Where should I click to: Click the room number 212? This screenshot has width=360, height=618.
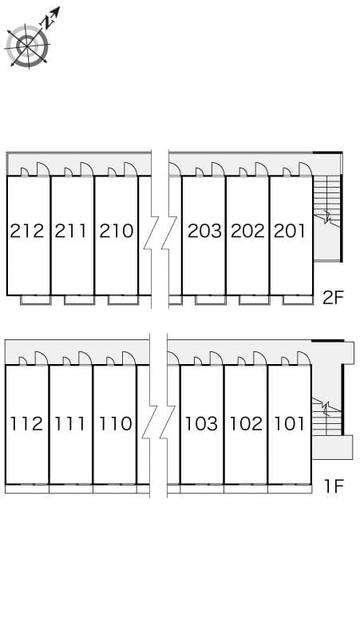tap(27, 231)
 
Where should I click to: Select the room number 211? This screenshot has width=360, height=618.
tap(70, 231)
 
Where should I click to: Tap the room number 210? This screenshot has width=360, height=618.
tap(117, 231)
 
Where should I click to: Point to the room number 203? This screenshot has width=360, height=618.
tap(204, 231)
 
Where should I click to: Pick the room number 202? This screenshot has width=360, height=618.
tap(247, 231)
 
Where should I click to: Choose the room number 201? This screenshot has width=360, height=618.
tap(290, 231)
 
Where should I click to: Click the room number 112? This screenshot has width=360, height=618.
tap(26, 424)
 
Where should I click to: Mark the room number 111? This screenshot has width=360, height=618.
tap(69, 424)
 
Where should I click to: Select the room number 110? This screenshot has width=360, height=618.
tap(115, 424)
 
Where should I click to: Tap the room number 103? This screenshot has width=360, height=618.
tap(201, 424)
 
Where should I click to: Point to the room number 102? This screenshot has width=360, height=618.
tap(246, 424)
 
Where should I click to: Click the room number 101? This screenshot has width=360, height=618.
tap(290, 424)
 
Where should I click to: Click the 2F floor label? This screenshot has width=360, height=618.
tap(334, 298)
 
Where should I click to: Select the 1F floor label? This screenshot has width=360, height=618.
tap(334, 486)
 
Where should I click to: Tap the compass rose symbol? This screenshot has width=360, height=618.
tap(28, 46)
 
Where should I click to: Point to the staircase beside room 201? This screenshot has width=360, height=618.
tap(326, 218)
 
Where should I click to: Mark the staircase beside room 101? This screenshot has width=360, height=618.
tap(327, 416)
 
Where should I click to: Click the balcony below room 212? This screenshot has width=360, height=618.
tap(35, 299)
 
